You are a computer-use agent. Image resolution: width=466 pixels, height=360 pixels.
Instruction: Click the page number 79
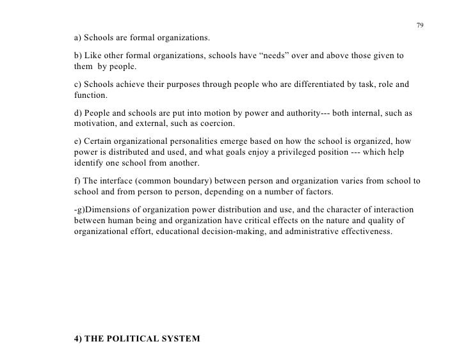pos(419,26)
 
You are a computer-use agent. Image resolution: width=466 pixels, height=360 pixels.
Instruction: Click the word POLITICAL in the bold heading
pos(133,340)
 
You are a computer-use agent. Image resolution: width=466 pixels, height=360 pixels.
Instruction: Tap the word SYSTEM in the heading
pos(182,340)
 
